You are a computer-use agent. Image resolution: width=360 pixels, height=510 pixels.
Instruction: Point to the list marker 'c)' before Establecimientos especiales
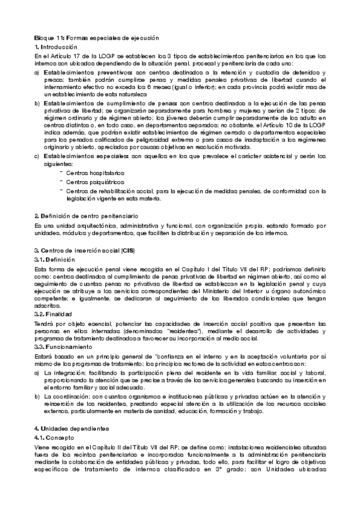[x=37, y=156]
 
